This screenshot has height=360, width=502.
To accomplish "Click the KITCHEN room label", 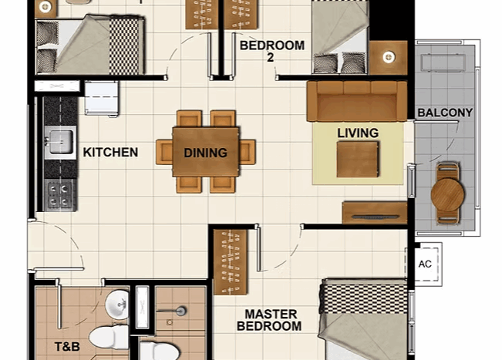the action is coord(110,153).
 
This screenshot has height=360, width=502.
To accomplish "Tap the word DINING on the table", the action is coord(206,153).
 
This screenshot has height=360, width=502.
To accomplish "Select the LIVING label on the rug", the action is coord(358,133).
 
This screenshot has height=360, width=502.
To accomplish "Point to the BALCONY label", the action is coord(445,113).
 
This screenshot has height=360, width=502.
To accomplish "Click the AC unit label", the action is coord(425,264).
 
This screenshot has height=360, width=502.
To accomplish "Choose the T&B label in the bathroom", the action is coord(67,346).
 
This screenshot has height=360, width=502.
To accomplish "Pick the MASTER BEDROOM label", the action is coord(269,320).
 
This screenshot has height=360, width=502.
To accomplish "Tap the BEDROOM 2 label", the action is coord(272,51).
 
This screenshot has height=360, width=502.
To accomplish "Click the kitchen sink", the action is coord(60,143).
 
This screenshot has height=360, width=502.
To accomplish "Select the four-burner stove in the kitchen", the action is coord(60,195).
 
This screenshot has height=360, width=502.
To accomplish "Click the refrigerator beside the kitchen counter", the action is coord(102,98).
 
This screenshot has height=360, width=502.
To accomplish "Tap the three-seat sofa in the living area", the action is coord(357,101).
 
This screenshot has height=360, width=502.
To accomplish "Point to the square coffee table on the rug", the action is coord(357,159).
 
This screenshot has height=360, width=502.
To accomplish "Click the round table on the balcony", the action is coord(447,194).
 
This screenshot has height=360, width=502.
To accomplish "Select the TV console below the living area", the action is coord(375,213).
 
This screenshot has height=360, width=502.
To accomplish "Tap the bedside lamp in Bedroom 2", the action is coord(389,57).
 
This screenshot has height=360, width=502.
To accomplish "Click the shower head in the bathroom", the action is coord(181,311).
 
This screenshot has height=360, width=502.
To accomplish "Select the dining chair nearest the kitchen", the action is coord(164,152).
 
